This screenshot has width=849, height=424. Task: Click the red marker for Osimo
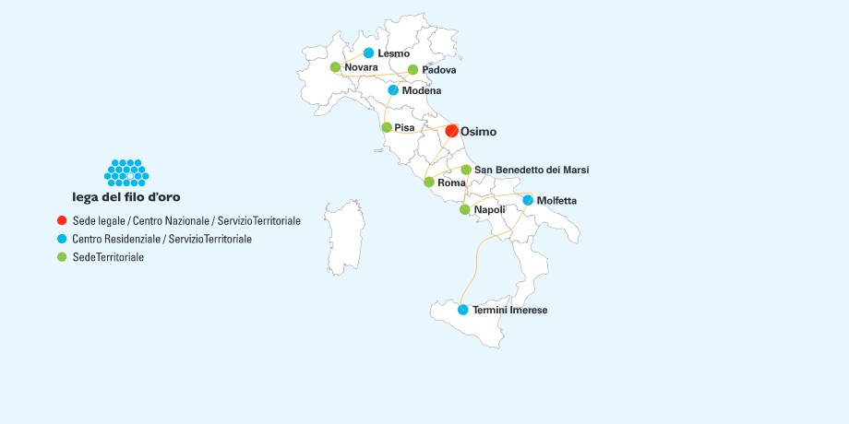click(x=451, y=131)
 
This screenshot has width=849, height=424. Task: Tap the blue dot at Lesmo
click(x=368, y=53)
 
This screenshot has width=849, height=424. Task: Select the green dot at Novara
click(x=335, y=67)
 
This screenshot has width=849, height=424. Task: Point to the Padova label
click(x=439, y=70)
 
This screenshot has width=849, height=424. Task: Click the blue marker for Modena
click(x=393, y=90)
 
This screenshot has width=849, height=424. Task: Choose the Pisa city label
click(x=404, y=127)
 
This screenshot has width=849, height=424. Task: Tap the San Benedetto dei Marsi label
click(x=531, y=170)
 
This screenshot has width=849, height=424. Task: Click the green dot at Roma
click(x=428, y=183)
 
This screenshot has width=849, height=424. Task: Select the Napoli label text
click(x=489, y=210)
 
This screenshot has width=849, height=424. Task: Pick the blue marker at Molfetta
click(x=528, y=200)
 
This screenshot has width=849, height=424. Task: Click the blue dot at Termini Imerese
click(x=462, y=310)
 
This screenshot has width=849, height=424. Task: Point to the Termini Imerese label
click(x=509, y=311)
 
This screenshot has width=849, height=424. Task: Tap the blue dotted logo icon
click(x=126, y=172)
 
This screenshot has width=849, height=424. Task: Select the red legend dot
click(x=61, y=221)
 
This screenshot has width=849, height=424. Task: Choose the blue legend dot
click(x=61, y=239)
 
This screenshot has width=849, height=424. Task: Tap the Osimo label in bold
click(x=478, y=132)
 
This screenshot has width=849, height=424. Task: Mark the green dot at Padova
click(x=413, y=70)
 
